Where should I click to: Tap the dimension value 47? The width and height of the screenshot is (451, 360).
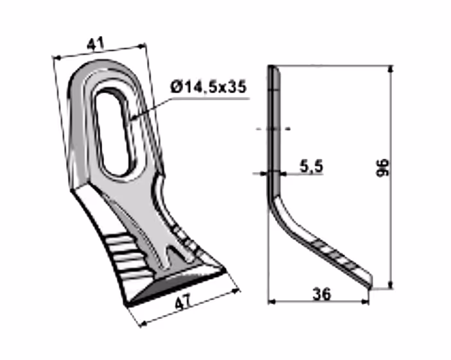(x=182, y=303)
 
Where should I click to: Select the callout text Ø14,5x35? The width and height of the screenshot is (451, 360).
(x=209, y=87)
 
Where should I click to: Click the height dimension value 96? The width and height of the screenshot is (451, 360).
(x=382, y=167)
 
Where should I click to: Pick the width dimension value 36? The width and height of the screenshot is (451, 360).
(x=322, y=294)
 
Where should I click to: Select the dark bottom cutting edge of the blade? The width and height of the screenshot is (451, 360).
(x=175, y=288)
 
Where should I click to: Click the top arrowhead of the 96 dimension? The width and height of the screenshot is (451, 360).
(x=391, y=69)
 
